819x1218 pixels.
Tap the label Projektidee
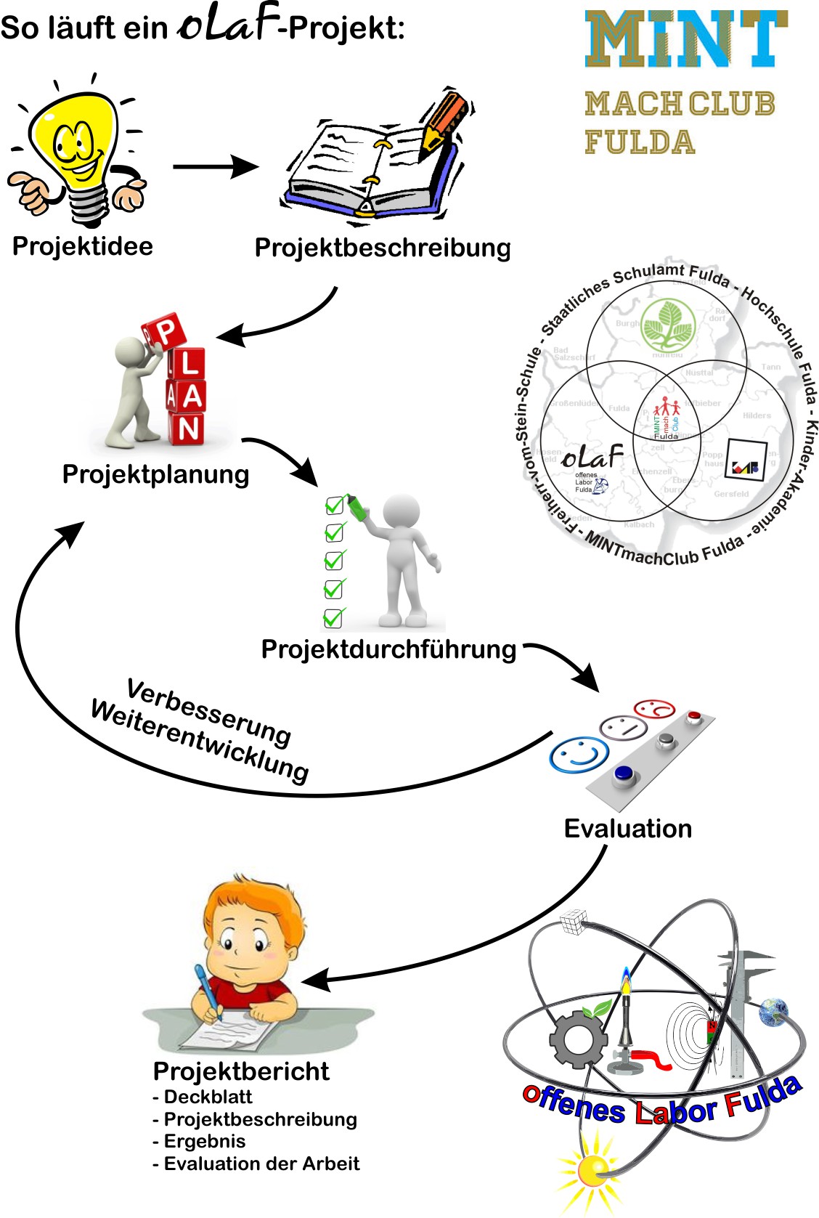coord(83,246)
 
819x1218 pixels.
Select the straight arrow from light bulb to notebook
coord(215,166)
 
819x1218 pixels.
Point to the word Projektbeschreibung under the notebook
coord(383,248)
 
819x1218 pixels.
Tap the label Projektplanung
coord(155,474)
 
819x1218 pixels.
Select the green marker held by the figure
coord(356,506)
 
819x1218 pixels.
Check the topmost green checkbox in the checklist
coord(335,505)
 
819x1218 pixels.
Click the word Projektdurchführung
coord(388,649)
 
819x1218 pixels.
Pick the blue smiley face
coord(579,755)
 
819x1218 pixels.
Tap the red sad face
coord(654,708)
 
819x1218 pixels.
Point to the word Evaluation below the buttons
coord(628,829)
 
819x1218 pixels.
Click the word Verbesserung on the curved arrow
coord(209,712)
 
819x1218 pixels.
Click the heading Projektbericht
coord(241,1071)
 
